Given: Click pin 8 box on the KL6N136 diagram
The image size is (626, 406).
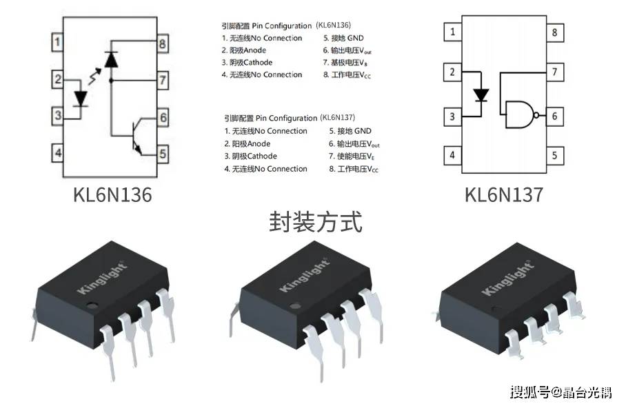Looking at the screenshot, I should [163, 45].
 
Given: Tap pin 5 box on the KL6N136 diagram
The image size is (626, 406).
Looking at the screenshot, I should [163, 153].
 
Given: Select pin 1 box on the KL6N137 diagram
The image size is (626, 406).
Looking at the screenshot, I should [452, 32].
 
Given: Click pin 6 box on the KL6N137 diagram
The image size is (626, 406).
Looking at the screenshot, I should [554, 116].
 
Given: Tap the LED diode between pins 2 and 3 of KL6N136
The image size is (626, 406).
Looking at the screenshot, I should [82, 98].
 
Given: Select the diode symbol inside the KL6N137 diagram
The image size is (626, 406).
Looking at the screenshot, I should [482, 94].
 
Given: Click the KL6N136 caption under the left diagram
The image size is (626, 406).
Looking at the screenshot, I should [112, 195].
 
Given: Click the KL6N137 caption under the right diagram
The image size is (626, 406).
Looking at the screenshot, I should [503, 195].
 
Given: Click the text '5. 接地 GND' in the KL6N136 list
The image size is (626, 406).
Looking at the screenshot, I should [343, 38].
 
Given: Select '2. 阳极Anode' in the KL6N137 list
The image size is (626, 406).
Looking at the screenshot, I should [247, 143].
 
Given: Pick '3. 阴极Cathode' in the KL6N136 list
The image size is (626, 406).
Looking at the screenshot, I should [247, 62].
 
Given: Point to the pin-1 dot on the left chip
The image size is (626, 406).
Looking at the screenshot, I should [90, 303].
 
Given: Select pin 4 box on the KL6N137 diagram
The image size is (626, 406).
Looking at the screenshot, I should [452, 154].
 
